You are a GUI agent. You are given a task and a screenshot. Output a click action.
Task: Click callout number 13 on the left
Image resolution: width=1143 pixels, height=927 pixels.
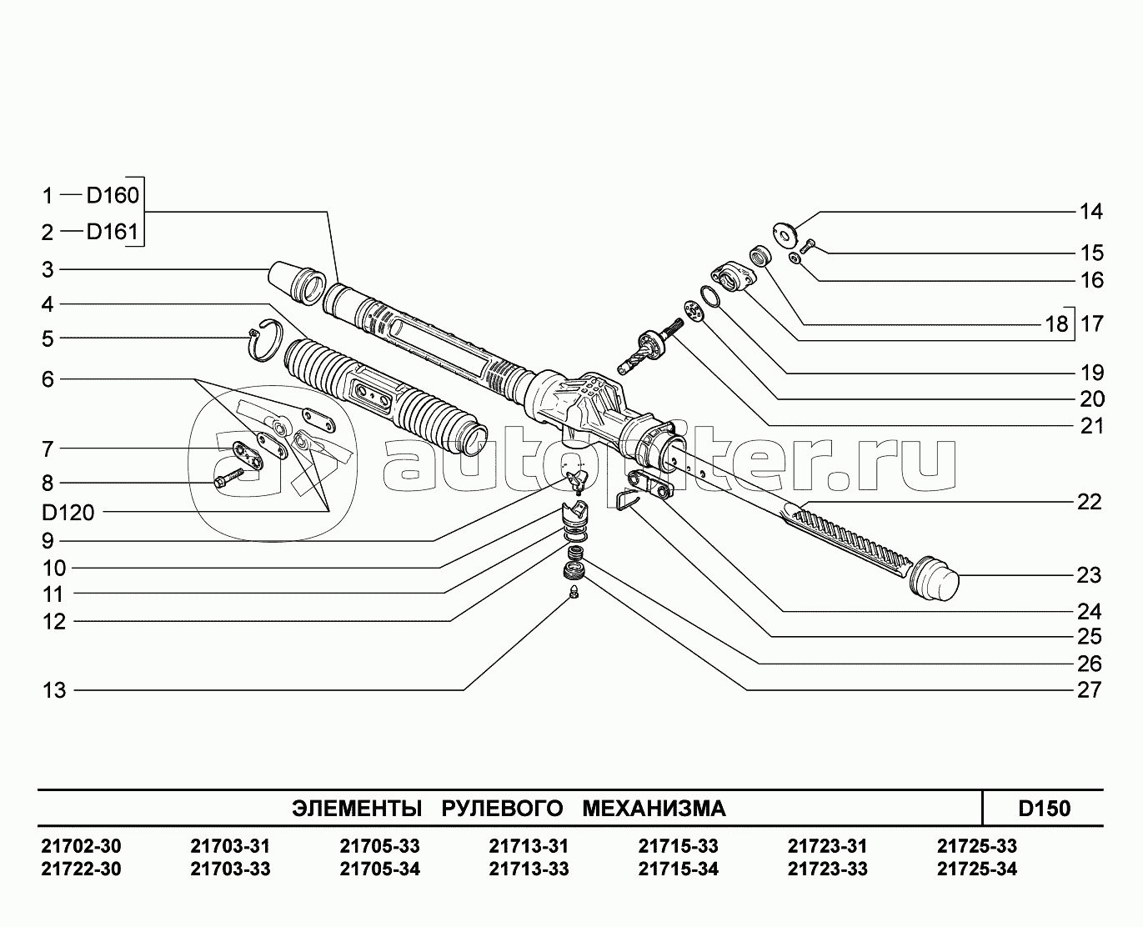tap(54, 690)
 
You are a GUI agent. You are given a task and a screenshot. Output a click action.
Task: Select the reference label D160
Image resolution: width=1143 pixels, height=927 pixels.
tap(113, 195)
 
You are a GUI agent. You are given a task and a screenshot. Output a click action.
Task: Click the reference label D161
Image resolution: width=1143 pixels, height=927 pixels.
tap(113, 231)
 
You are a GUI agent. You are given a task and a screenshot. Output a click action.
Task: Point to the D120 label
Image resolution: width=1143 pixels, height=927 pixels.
tap(68, 512)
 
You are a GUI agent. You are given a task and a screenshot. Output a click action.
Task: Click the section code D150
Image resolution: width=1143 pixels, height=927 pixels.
tap(1044, 809)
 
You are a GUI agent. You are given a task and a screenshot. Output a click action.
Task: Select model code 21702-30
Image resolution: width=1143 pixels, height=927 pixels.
tap(81, 846)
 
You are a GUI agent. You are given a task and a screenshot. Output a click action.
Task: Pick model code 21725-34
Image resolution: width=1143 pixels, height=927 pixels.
tap(977, 869)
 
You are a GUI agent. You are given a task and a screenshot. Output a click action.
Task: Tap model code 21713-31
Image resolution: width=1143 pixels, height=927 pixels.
tap(529, 846)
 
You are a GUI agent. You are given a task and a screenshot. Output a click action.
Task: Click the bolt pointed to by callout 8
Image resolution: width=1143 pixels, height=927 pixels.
tap(227, 478)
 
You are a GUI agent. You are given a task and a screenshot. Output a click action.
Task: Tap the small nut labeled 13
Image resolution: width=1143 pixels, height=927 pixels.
tap(574, 593)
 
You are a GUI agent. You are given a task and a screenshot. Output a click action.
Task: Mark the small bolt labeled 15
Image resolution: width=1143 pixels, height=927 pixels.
tap(809, 245)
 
